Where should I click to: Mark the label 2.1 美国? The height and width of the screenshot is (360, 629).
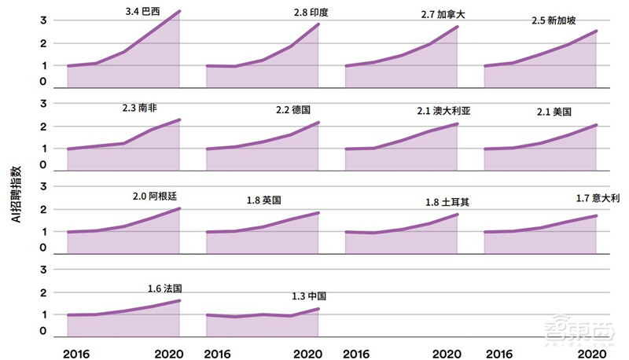pyautogui.click(x=554, y=112)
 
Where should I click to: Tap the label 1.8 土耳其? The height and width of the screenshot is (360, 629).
pyautogui.click(x=447, y=202)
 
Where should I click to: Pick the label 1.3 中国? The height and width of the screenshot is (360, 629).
pyautogui.click(x=308, y=296)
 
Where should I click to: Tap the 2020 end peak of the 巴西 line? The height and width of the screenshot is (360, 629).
pyautogui.click(x=179, y=11)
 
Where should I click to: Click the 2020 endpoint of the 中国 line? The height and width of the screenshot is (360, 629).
pyautogui.click(x=318, y=309)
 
